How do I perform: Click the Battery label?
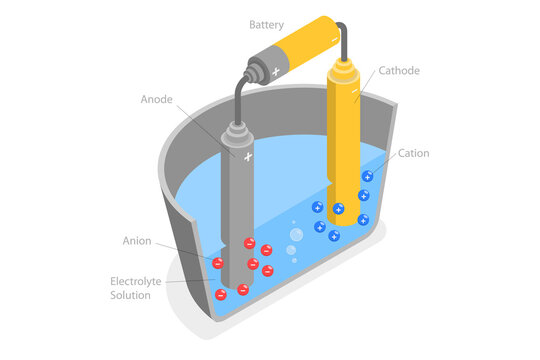pos(267,23)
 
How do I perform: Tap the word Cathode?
pos(399,71)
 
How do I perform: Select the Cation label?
pos(414,153)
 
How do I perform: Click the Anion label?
pos(137,241)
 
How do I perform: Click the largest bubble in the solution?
pos(295,235)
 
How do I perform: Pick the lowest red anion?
pos(221,294)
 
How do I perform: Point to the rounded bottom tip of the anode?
pos(239,288)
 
